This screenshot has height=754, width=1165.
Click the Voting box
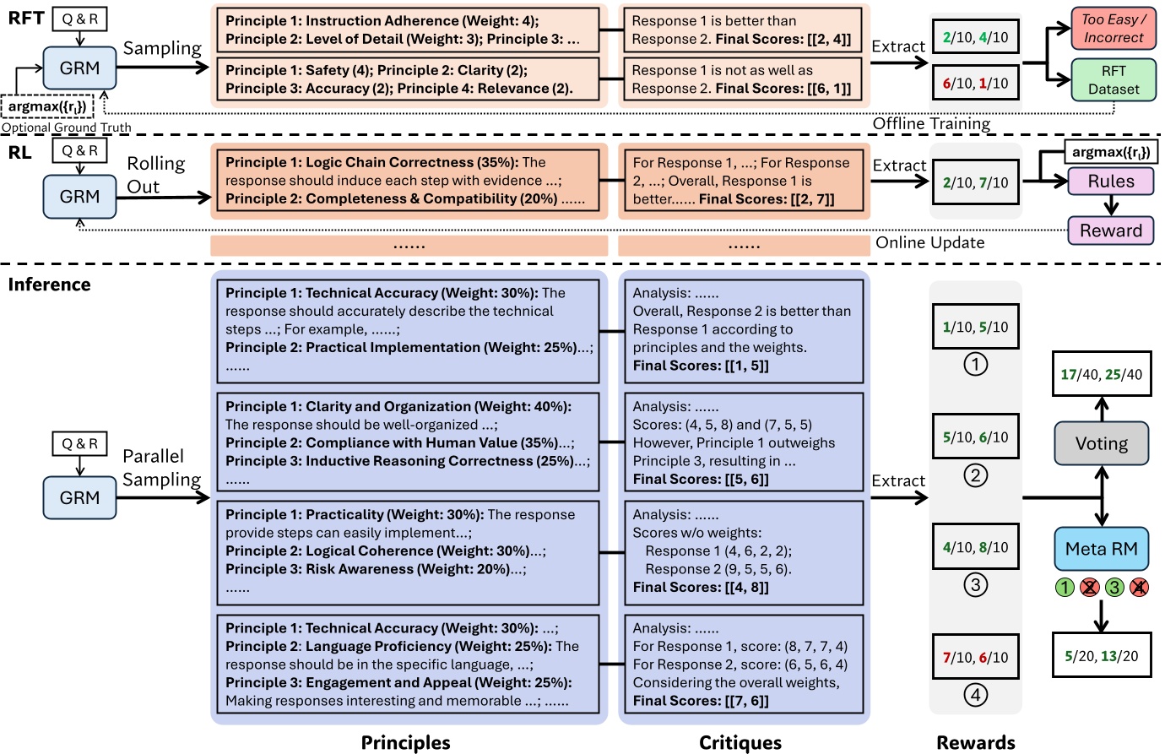click(1101, 443)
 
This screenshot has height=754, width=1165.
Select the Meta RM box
click(1101, 549)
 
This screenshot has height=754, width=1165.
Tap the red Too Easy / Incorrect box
click(1114, 28)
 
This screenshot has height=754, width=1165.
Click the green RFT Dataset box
click(1114, 79)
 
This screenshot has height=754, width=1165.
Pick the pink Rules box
click(1110, 182)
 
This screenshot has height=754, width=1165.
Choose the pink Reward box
click(1110, 231)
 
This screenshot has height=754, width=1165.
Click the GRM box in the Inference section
click(79, 497)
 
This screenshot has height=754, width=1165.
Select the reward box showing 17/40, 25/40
click(1101, 374)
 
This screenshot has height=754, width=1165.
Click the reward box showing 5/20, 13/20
click(1101, 656)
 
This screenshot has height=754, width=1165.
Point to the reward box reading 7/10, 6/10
click(975, 657)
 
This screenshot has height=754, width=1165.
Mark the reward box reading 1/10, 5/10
click(975, 327)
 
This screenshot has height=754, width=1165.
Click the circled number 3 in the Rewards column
click(975, 584)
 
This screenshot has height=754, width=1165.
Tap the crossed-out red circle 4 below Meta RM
click(1139, 587)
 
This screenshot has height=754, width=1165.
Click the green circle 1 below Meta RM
click(1065, 587)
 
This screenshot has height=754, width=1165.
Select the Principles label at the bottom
click(405, 742)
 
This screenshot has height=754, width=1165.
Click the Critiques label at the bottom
click(740, 742)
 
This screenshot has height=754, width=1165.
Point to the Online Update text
click(929, 242)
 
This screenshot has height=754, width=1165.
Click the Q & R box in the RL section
click(79, 150)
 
